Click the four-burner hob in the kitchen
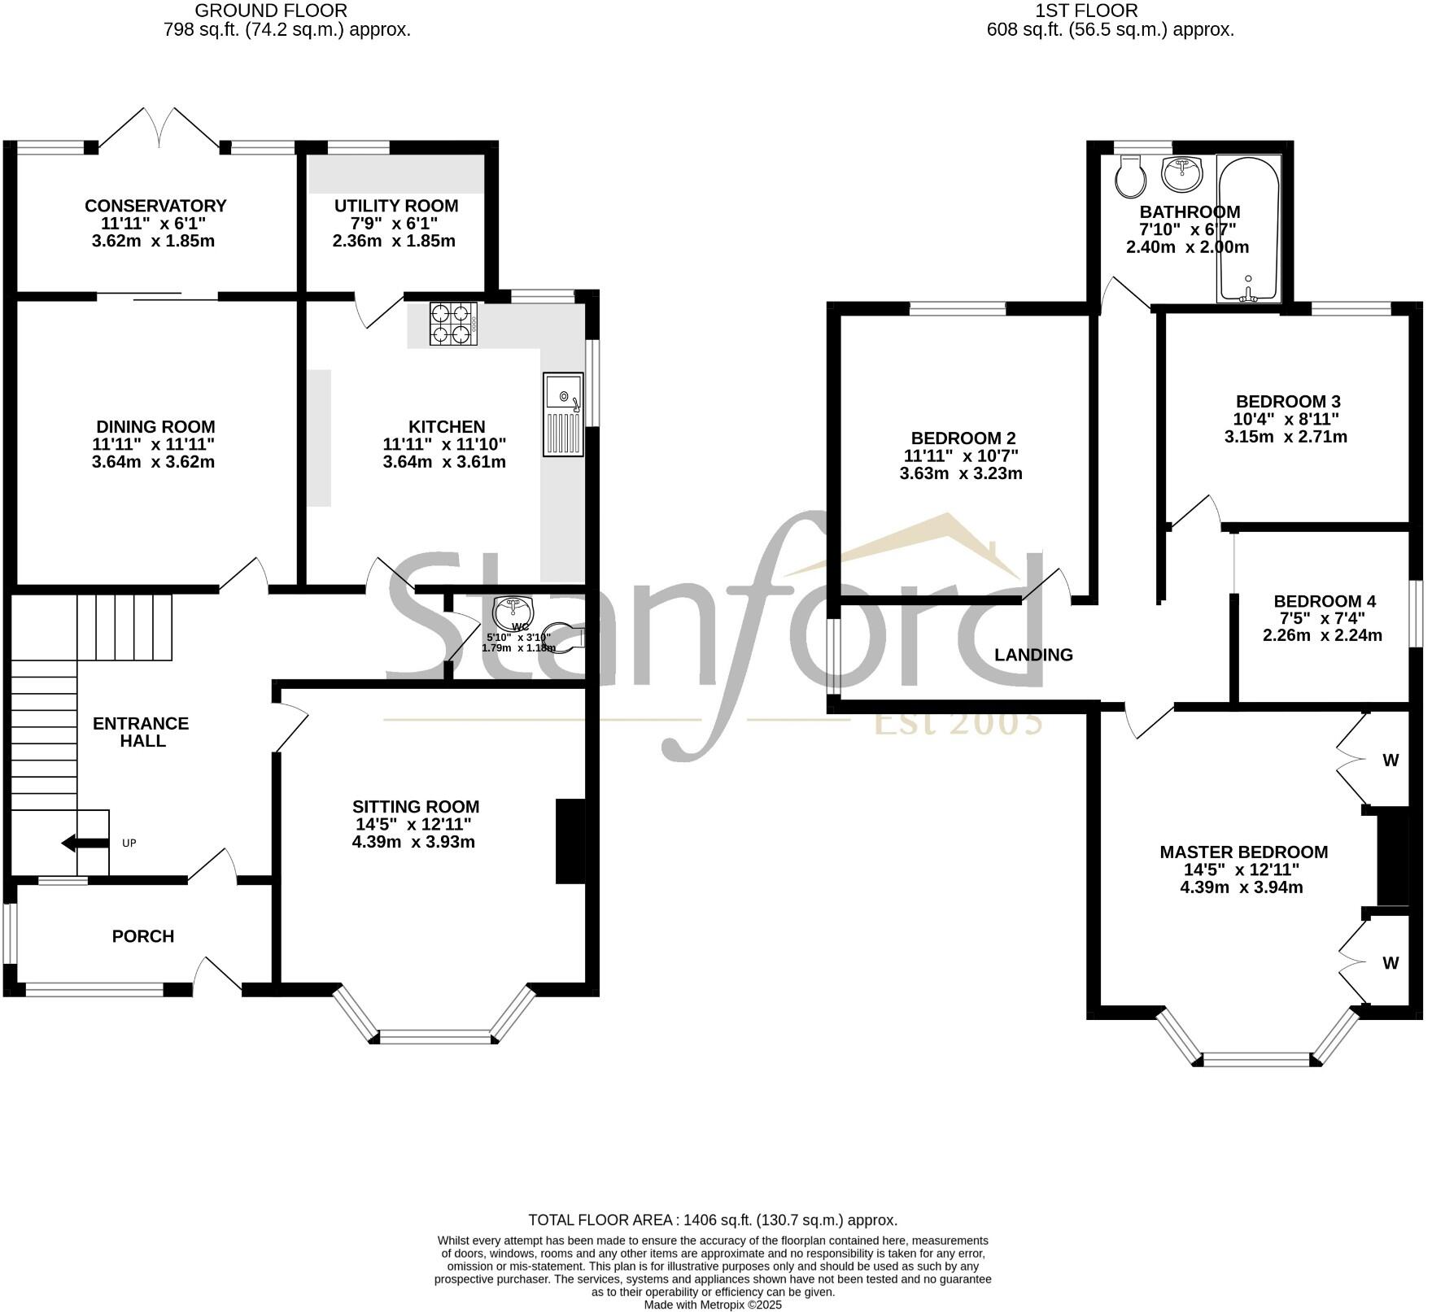[x=453, y=324]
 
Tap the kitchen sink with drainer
[x=563, y=414]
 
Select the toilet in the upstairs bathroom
[x=1129, y=177]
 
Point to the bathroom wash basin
[x=1181, y=172]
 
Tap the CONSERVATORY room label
[x=155, y=206]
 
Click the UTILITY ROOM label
[x=396, y=206]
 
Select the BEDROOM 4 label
[x=1324, y=601]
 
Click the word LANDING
[x=1033, y=655]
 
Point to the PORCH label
[x=143, y=936]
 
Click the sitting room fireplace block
[x=570, y=841]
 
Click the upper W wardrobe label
[x=1391, y=761]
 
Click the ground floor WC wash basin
[x=513, y=610]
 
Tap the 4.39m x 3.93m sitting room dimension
[x=413, y=842]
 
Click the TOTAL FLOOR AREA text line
[x=713, y=1220]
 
